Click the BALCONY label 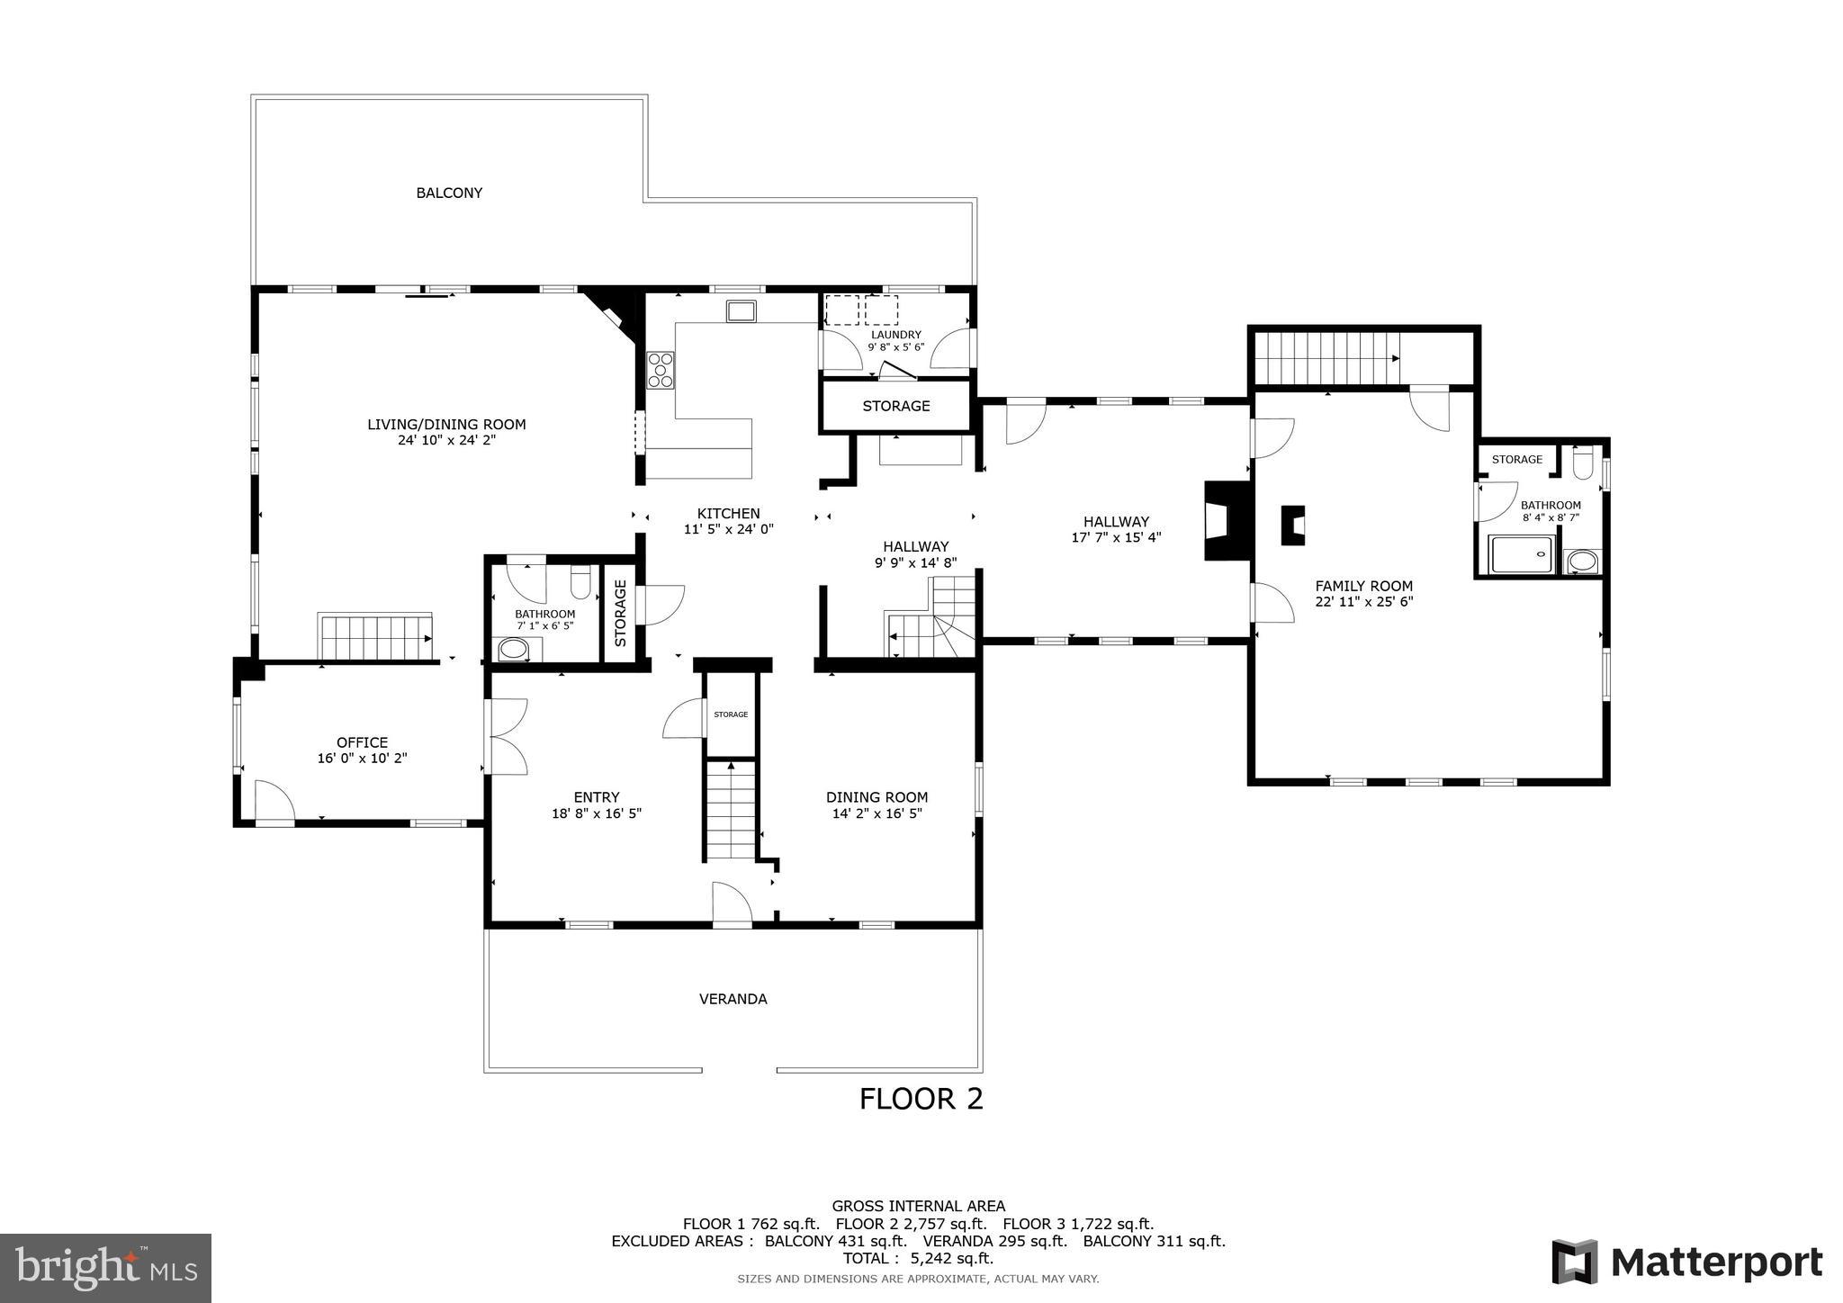[x=449, y=193]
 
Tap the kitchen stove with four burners [x=661, y=370]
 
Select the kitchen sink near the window [x=742, y=311]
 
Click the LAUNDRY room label [x=895, y=335]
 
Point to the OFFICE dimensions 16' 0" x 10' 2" [x=362, y=759]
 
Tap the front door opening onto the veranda [x=731, y=905]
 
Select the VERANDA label [x=733, y=999]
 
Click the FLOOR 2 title [x=921, y=1099]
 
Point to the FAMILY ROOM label [x=1363, y=586]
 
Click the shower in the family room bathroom [x=1522, y=554]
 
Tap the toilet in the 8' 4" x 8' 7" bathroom [x=1583, y=464]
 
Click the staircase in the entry [x=730, y=810]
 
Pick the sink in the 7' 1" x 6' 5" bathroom [x=515, y=649]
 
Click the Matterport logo [x=1686, y=1262]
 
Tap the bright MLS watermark [x=105, y=1268]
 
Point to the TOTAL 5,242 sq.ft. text [x=918, y=1258]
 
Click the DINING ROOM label [x=877, y=797]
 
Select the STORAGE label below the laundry [x=895, y=406]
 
